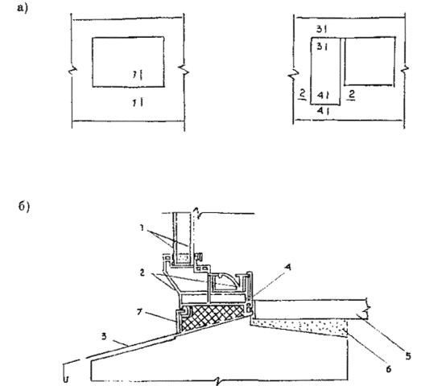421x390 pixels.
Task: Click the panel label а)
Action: pos(23,8)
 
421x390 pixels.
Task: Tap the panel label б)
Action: pos(24,207)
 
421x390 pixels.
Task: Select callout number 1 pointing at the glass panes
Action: pos(142,228)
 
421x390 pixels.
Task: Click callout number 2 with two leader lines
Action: pos(142,273)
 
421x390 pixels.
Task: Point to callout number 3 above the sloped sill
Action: pos(104,336)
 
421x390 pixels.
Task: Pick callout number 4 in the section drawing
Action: pos(288,267)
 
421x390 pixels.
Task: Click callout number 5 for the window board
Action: pos(408,356)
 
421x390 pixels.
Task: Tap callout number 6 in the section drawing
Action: pos(388,369)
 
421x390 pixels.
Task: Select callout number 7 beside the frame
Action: pos(138,312)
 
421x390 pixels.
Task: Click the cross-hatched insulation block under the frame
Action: pos(213,316)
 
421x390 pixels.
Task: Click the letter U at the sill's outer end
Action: pos(66,380)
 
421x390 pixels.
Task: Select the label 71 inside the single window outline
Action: pos(138,74)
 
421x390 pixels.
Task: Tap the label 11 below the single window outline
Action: pos(138,102)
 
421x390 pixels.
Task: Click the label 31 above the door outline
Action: pos(321,29)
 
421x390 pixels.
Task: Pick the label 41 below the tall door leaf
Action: pos(323,110)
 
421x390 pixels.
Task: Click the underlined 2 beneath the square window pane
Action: pos(351,95)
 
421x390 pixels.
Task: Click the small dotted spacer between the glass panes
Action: pos(182,258)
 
